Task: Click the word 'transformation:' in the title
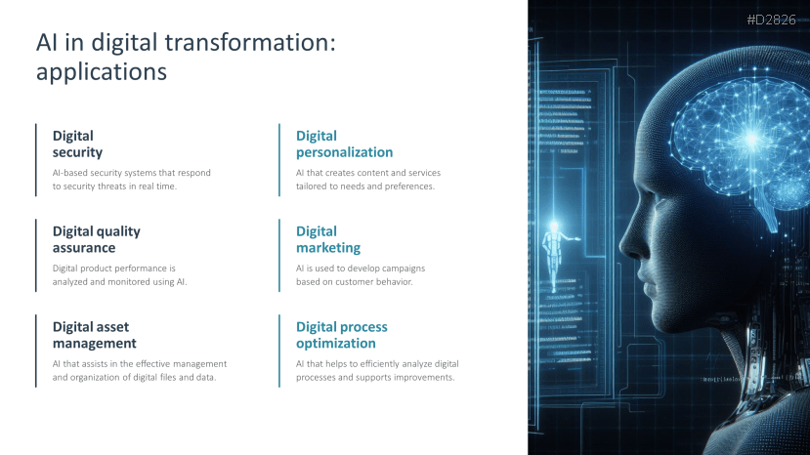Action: click(250, 42)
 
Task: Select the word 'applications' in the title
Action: click(102, 72)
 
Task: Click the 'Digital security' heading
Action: click(77, 145)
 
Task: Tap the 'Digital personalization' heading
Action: click(344, 145)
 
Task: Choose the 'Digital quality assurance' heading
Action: click(96, 239)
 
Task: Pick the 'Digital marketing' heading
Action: click(328, 239)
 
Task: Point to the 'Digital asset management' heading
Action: click(95, 335)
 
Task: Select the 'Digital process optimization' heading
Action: click(341, 335)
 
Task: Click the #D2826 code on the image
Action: click(771, 20)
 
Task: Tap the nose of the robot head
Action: click(627, 243)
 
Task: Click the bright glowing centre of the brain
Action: click(751, 139)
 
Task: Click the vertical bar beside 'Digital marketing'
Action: click(279, 255)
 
